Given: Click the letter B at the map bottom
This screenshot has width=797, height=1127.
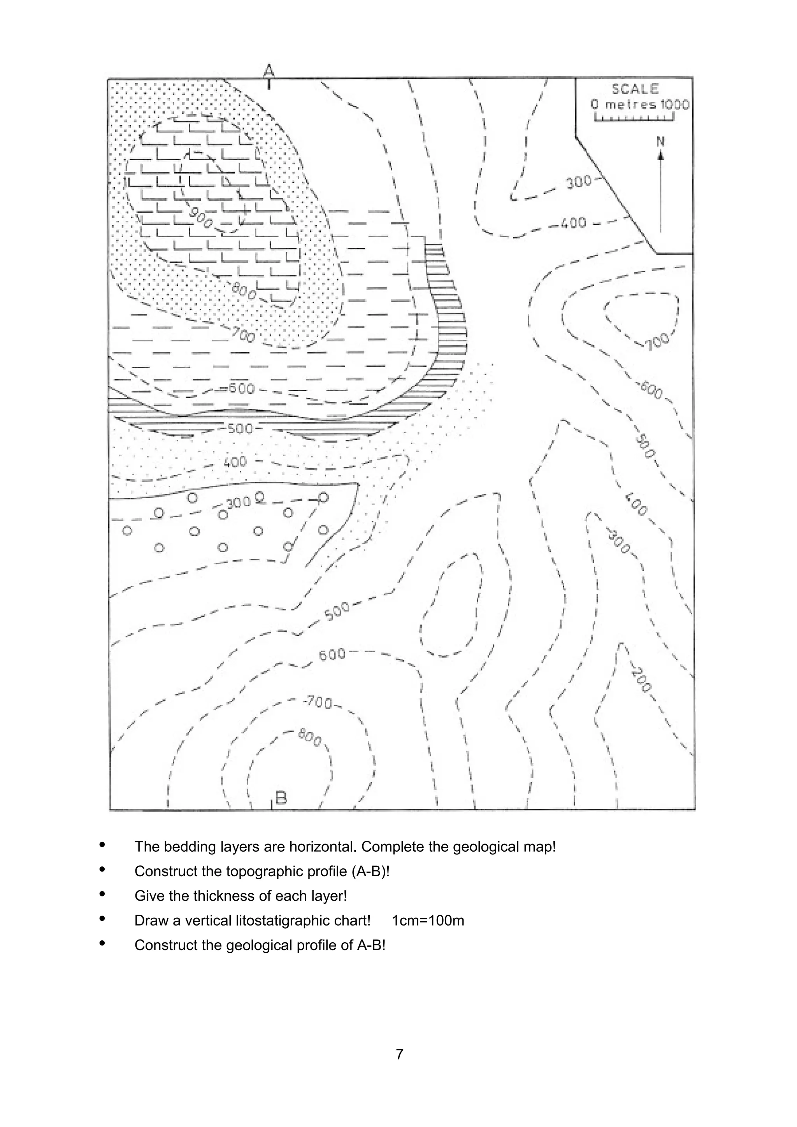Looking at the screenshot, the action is coord(281,798).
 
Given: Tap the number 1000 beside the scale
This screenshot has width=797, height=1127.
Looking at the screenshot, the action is coord(675,105).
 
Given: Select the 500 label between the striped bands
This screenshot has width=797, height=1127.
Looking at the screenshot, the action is coord(240,429).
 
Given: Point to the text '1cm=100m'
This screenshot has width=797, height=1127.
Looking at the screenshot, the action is coord(428,920).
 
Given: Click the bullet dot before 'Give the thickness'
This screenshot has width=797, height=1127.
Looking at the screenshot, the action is coord(102,894).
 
